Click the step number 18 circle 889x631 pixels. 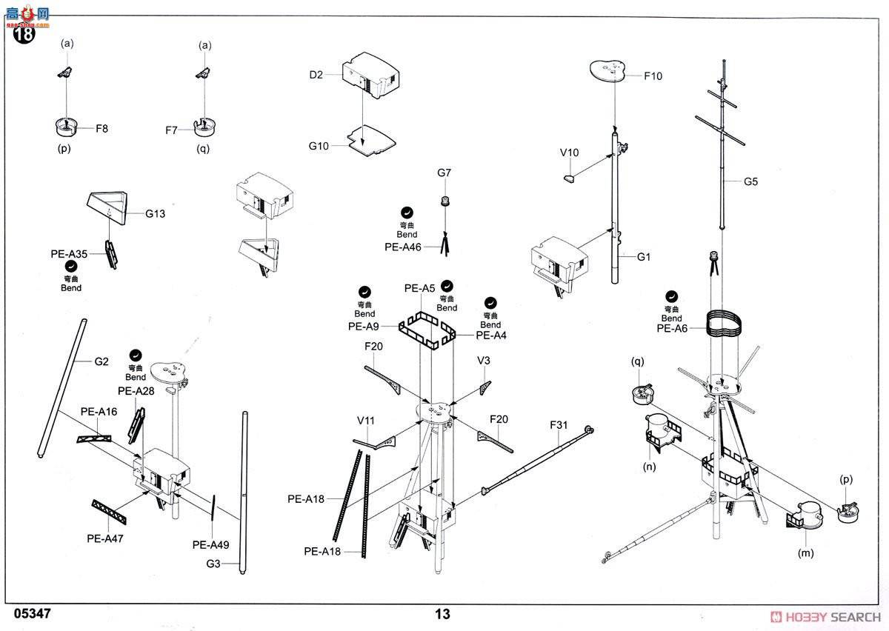(24, 33)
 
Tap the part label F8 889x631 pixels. (101, 128)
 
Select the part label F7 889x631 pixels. (172, 130)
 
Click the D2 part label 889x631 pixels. (316, 75)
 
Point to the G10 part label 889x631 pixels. (319, 147)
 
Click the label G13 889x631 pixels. (155, 214)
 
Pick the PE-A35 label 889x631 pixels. (69, 254)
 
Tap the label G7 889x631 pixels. (444, 173)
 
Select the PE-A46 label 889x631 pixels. (403, 247)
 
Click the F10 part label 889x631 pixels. (653, 76)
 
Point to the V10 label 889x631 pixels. (569, 153)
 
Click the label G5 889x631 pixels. (751, 181)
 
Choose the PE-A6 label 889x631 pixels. (673, 328)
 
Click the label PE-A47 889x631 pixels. (104, 538)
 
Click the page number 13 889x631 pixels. (442, 614)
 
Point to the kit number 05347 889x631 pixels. (33, 614)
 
